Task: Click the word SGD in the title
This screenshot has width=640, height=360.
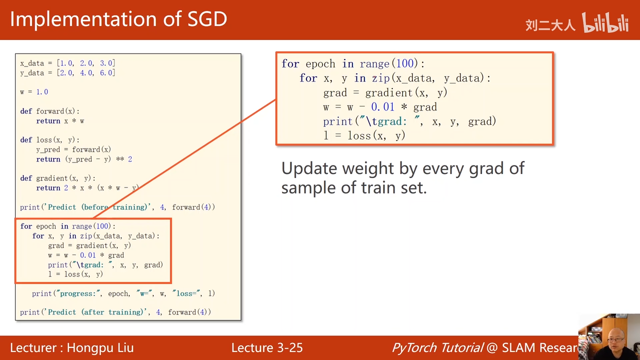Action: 207,19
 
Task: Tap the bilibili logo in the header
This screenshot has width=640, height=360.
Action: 605,22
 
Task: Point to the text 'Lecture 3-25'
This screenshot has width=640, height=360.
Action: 267,347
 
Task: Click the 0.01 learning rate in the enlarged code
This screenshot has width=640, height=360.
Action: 382,107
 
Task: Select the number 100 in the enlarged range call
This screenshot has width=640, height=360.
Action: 405,63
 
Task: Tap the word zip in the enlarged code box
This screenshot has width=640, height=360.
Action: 381,78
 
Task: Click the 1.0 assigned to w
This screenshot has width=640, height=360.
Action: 42,91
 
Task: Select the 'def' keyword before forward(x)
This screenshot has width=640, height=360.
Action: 26,111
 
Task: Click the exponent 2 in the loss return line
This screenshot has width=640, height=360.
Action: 130,159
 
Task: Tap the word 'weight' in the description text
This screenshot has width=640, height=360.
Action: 368,168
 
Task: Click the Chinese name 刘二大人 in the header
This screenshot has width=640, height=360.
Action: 550,25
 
